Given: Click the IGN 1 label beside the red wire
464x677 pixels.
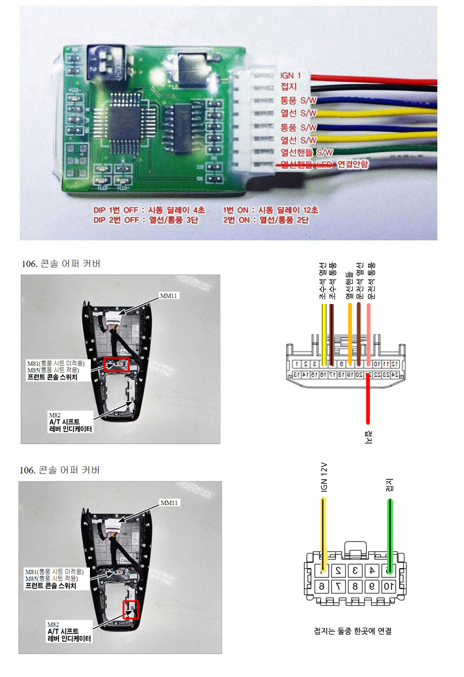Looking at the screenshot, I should click(x=291, y=76).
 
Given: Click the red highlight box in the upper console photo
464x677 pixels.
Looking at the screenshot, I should click(x=117, y=365).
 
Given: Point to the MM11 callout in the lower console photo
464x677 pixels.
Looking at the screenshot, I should click(x=169, y=503).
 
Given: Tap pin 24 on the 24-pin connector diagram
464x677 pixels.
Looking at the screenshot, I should click(x=394, y=375).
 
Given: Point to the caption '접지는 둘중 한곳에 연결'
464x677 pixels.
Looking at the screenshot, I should click(x=352, y=631).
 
